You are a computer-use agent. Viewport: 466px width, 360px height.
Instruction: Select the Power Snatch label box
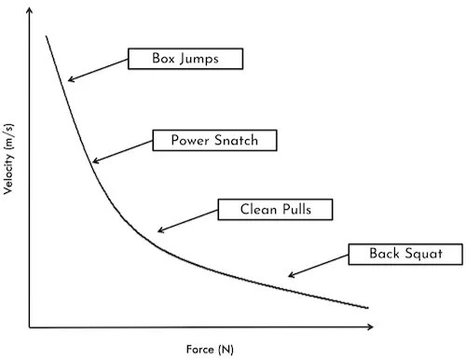pos(215,141)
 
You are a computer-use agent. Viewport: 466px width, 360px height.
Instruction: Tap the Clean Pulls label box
pos(276,209)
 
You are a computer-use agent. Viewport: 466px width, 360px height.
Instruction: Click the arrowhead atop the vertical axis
pos(31,9)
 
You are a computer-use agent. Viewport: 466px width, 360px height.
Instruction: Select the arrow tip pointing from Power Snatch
pos(94,162)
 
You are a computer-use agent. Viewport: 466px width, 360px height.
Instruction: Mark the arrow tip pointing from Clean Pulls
pos(158,229)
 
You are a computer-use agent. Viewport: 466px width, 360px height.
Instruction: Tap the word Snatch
pos(237,141)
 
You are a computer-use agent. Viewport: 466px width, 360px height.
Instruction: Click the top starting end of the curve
pos(45,36)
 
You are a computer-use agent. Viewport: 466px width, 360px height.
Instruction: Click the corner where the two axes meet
pos(31,327)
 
